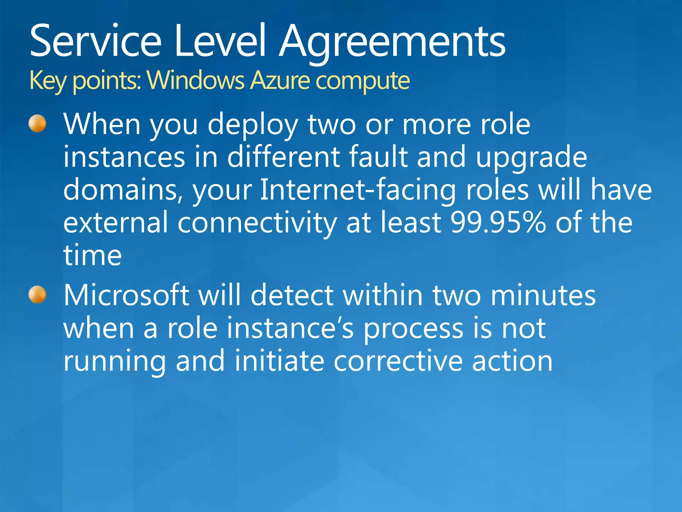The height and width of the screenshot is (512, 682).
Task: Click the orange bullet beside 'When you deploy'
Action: (37, 124)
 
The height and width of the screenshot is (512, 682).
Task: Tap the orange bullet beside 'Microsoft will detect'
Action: (37, 295)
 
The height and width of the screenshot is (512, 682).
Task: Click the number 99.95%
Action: (498, 222)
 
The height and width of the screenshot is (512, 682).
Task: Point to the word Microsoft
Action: (127, 295)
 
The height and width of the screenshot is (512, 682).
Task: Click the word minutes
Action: (543, 295)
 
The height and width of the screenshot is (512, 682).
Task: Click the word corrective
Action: (398, 361)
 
